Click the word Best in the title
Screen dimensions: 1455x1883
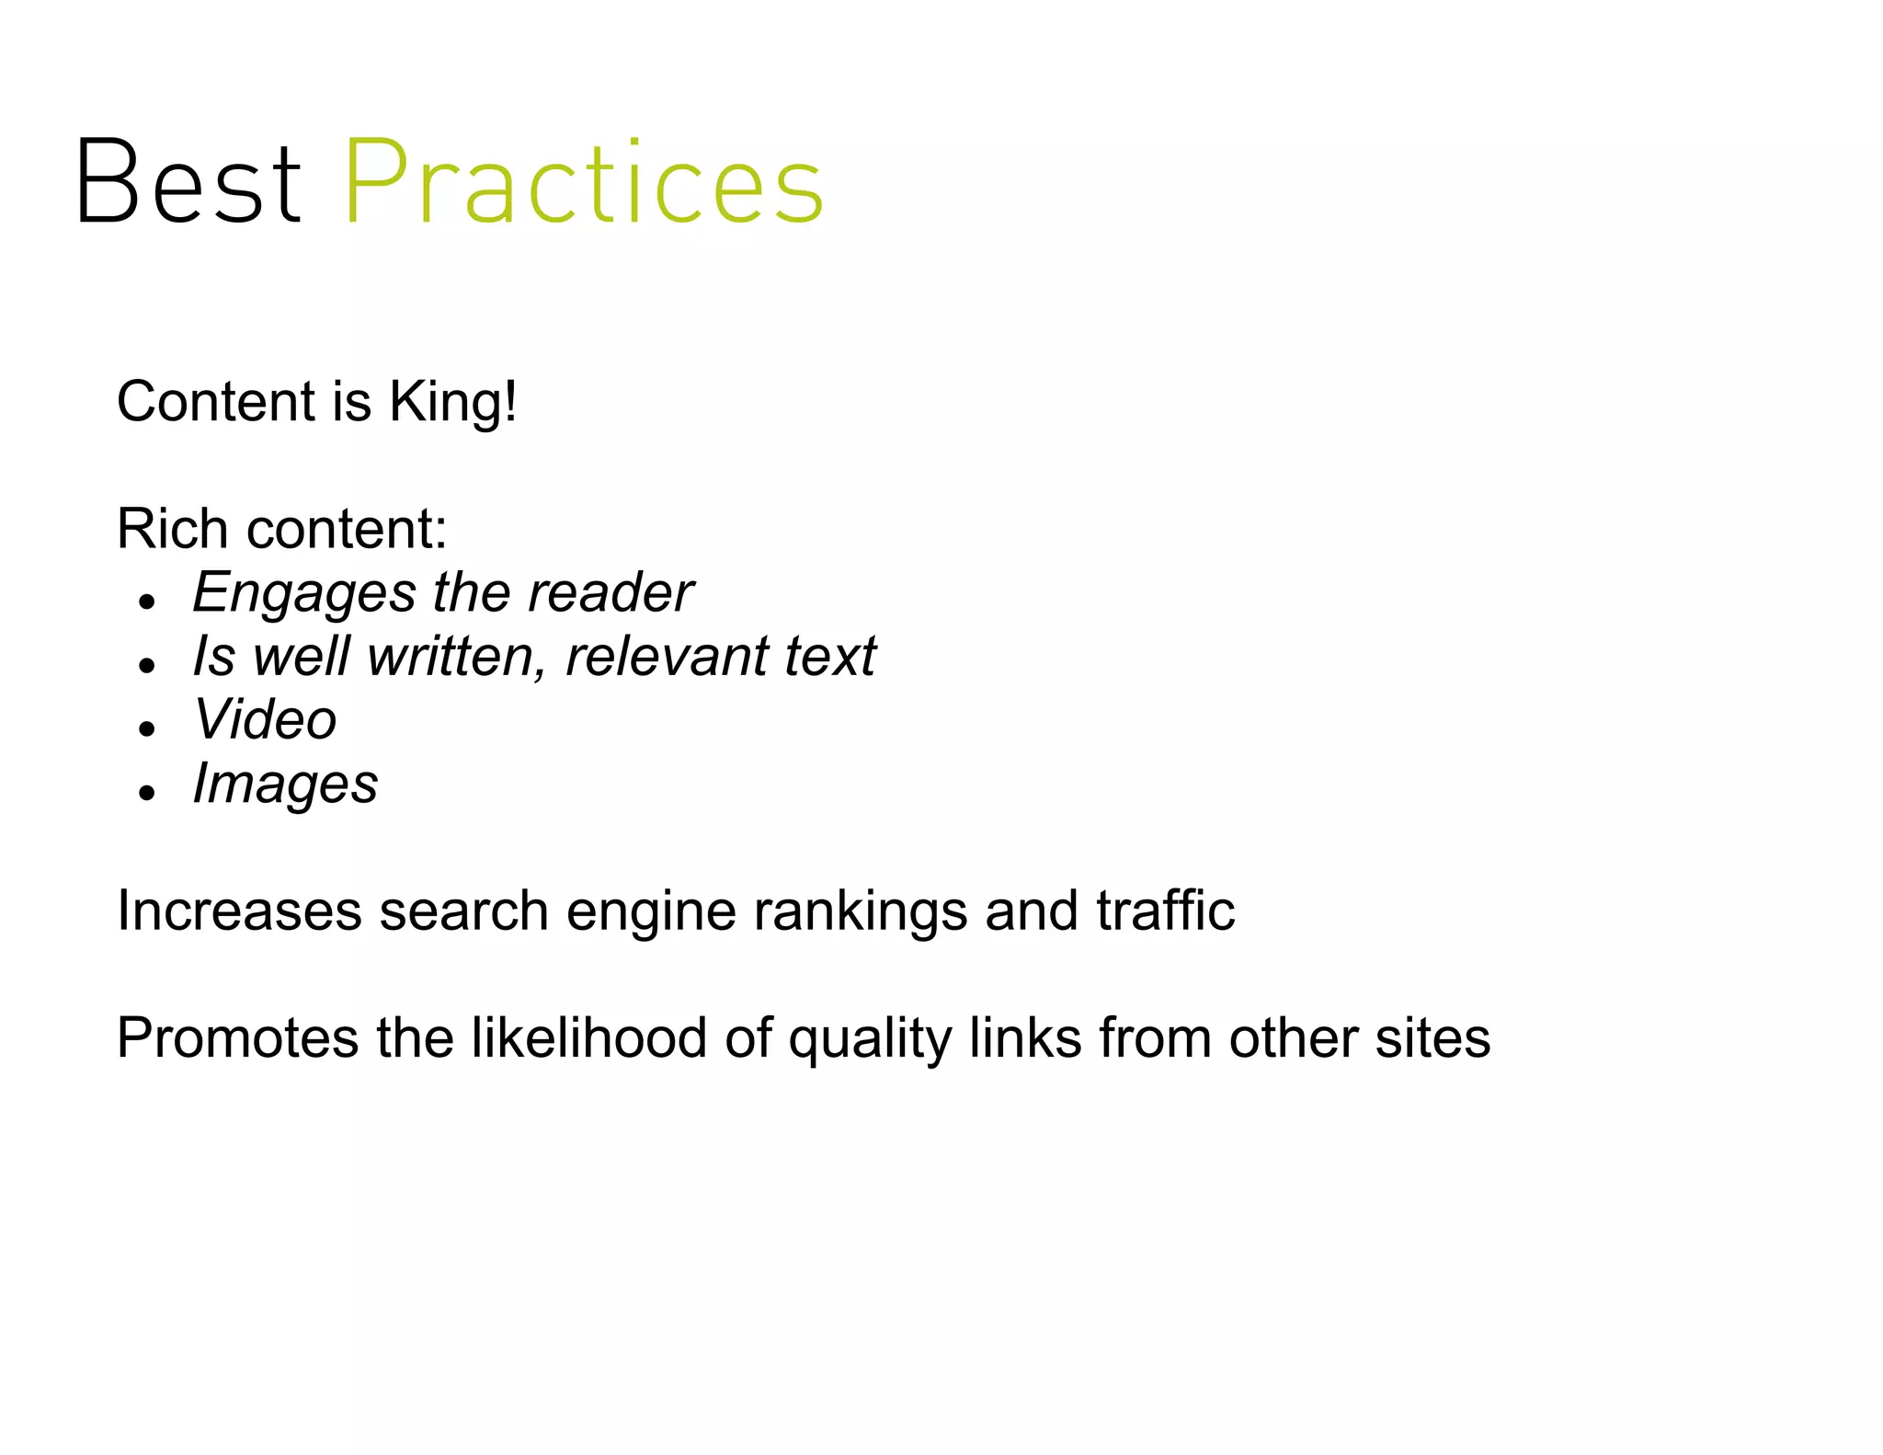188,182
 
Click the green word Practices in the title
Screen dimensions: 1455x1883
584,182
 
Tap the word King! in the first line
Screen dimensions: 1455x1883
452,402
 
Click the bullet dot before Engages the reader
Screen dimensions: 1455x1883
146,603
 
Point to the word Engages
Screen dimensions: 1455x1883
304,593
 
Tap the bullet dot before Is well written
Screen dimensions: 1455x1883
146,667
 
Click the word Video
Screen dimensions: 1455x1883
265,719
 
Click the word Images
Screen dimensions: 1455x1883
285,785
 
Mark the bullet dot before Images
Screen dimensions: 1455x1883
146,794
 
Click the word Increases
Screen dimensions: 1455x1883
239,911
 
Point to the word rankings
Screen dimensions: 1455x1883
860,911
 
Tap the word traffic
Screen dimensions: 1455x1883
1165,911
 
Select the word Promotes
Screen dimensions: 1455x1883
238,1038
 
